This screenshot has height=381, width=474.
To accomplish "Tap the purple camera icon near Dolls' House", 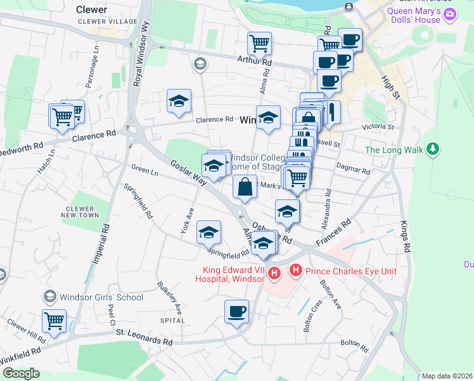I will pos(451,15).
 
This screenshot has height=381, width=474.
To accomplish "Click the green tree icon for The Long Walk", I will pos(433,149).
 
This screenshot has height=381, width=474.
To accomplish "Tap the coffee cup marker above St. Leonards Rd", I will pos(237,311).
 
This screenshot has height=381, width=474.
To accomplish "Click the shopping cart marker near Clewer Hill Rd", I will pos(54,319).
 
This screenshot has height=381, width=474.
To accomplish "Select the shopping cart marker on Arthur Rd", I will pos(259,43).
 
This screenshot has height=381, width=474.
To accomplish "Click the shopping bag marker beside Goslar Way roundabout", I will pos(245,188).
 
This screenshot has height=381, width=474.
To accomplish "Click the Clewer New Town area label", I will pos(82,212).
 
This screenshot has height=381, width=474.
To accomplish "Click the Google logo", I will pos(21,373).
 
